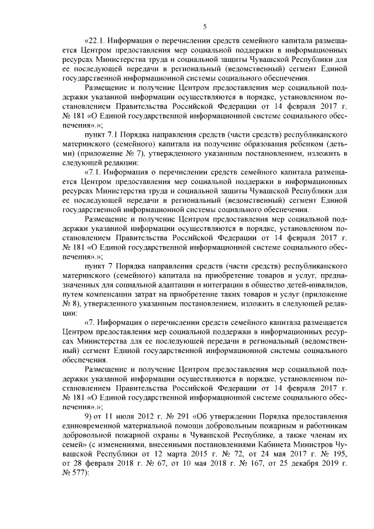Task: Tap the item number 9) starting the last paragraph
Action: point(88,416)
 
